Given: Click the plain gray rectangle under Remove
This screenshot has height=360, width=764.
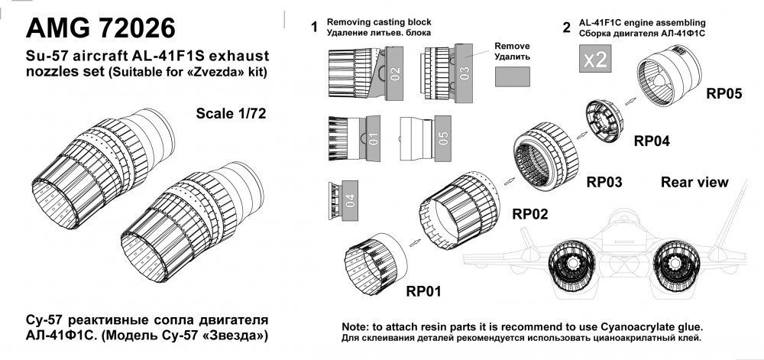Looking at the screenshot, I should [513, 77].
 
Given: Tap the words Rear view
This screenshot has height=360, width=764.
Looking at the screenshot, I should [694, 182].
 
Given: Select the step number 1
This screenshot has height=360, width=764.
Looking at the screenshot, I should [312, 28].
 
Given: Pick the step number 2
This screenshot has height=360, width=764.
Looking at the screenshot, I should [566, 28].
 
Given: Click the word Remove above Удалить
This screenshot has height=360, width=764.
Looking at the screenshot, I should [512, 45].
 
